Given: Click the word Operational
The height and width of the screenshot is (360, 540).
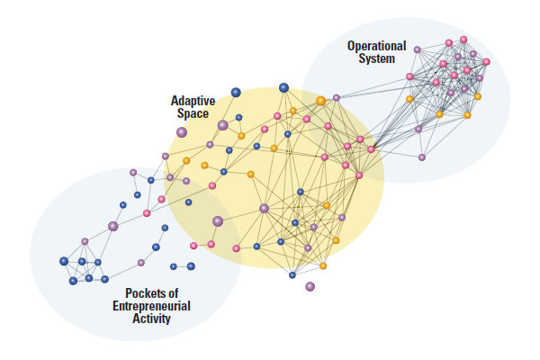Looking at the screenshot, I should point(376,46).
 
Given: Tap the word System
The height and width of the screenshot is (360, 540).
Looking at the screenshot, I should point(375,59).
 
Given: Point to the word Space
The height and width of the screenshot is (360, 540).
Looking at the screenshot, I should point(191,114).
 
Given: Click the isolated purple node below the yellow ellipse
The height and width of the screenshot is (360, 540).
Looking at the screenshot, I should point(310,286).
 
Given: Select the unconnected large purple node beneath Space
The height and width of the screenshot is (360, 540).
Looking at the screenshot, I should point(182,131).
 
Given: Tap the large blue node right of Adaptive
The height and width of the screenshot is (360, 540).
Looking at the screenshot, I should point(236,92).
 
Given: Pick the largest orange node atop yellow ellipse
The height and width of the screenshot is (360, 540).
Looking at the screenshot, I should point(320,101).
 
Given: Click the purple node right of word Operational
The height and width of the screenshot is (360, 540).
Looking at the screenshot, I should point(417,49).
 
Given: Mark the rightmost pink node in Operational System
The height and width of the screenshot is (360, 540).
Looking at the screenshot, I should point(486,62).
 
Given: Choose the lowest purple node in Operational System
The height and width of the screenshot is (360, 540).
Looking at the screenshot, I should point(422,157).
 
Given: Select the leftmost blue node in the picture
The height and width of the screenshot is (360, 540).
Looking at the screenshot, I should point(64,261).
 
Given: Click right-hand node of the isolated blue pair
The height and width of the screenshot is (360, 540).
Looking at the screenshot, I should point(191,265).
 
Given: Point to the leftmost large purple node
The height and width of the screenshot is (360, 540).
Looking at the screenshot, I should point(113,226).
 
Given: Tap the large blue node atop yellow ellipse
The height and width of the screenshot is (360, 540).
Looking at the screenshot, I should point(283,87).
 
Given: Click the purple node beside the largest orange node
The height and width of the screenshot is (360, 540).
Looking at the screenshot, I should point(336,97).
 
